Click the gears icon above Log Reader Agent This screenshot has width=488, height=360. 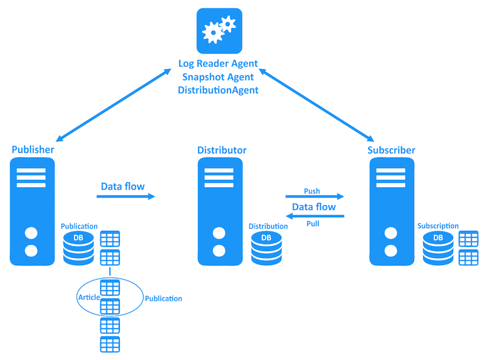tap(218, 31)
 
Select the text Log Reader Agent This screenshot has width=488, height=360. tap(218, 63)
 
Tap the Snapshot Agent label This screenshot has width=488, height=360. tap(218, 77)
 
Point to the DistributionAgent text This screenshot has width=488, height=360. tap(218, 90)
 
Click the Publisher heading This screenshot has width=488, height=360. tap(33, 150)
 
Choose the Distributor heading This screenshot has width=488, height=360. tap(222, 150)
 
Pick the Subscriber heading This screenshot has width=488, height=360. tap(391, 150)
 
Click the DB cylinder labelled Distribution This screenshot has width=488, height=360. tap(266, 248)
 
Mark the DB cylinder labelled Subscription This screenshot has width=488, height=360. tap(438, 248)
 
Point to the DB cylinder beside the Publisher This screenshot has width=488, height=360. tap(78, 248)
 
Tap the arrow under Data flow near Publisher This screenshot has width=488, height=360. tap(125, 197)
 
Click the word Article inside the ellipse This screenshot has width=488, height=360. tap(89, 298)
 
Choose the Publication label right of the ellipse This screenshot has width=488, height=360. tap(163, 299)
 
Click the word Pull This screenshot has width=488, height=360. tap(313, 224)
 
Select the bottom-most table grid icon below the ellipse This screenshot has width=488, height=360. tap(109, 344)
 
